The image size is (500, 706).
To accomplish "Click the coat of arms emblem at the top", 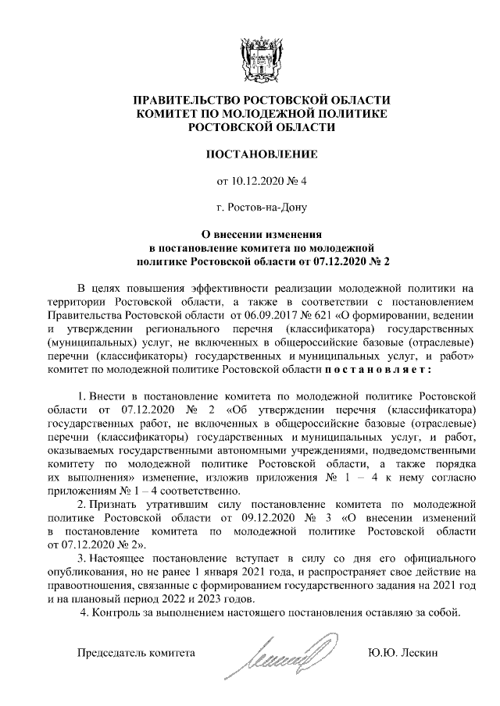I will (250, 55).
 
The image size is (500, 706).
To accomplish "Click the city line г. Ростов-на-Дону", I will (250, 208).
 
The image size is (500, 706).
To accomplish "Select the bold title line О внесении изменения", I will (250, 233).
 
